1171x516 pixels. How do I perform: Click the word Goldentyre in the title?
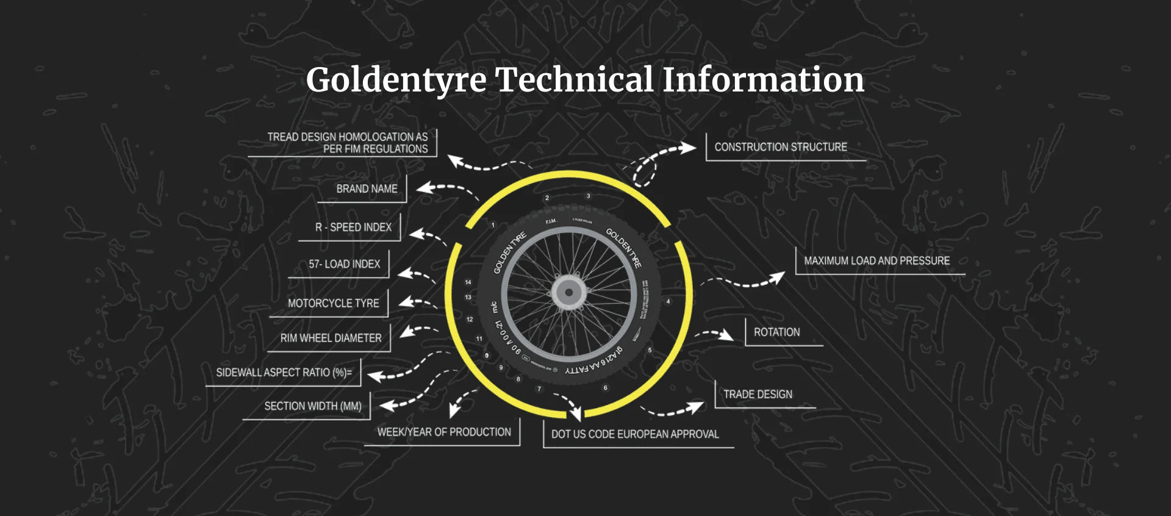396,81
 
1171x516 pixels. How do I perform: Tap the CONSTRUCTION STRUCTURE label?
781,147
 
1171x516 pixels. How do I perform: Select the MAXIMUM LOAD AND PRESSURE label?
876,261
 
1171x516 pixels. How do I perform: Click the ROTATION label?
776,332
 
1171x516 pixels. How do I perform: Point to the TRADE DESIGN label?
757,395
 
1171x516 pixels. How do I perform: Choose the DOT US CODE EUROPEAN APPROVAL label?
635,434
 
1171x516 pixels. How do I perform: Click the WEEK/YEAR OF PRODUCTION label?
444,432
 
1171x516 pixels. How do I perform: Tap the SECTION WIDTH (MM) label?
313,406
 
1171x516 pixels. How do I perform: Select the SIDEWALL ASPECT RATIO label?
284,373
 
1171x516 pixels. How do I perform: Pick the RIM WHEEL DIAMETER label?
331,338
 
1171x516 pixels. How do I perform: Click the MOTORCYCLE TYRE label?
333,303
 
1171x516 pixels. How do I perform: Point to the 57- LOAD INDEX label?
344,264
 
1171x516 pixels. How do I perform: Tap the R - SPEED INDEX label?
353,228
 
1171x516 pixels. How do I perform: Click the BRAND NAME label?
367,189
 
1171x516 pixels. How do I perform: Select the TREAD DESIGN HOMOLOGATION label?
348,143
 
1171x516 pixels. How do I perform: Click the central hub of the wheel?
569,292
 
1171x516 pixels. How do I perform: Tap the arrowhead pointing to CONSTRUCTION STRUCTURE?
689,148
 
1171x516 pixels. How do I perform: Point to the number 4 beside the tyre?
668,301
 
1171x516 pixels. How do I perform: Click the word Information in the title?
763,81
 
